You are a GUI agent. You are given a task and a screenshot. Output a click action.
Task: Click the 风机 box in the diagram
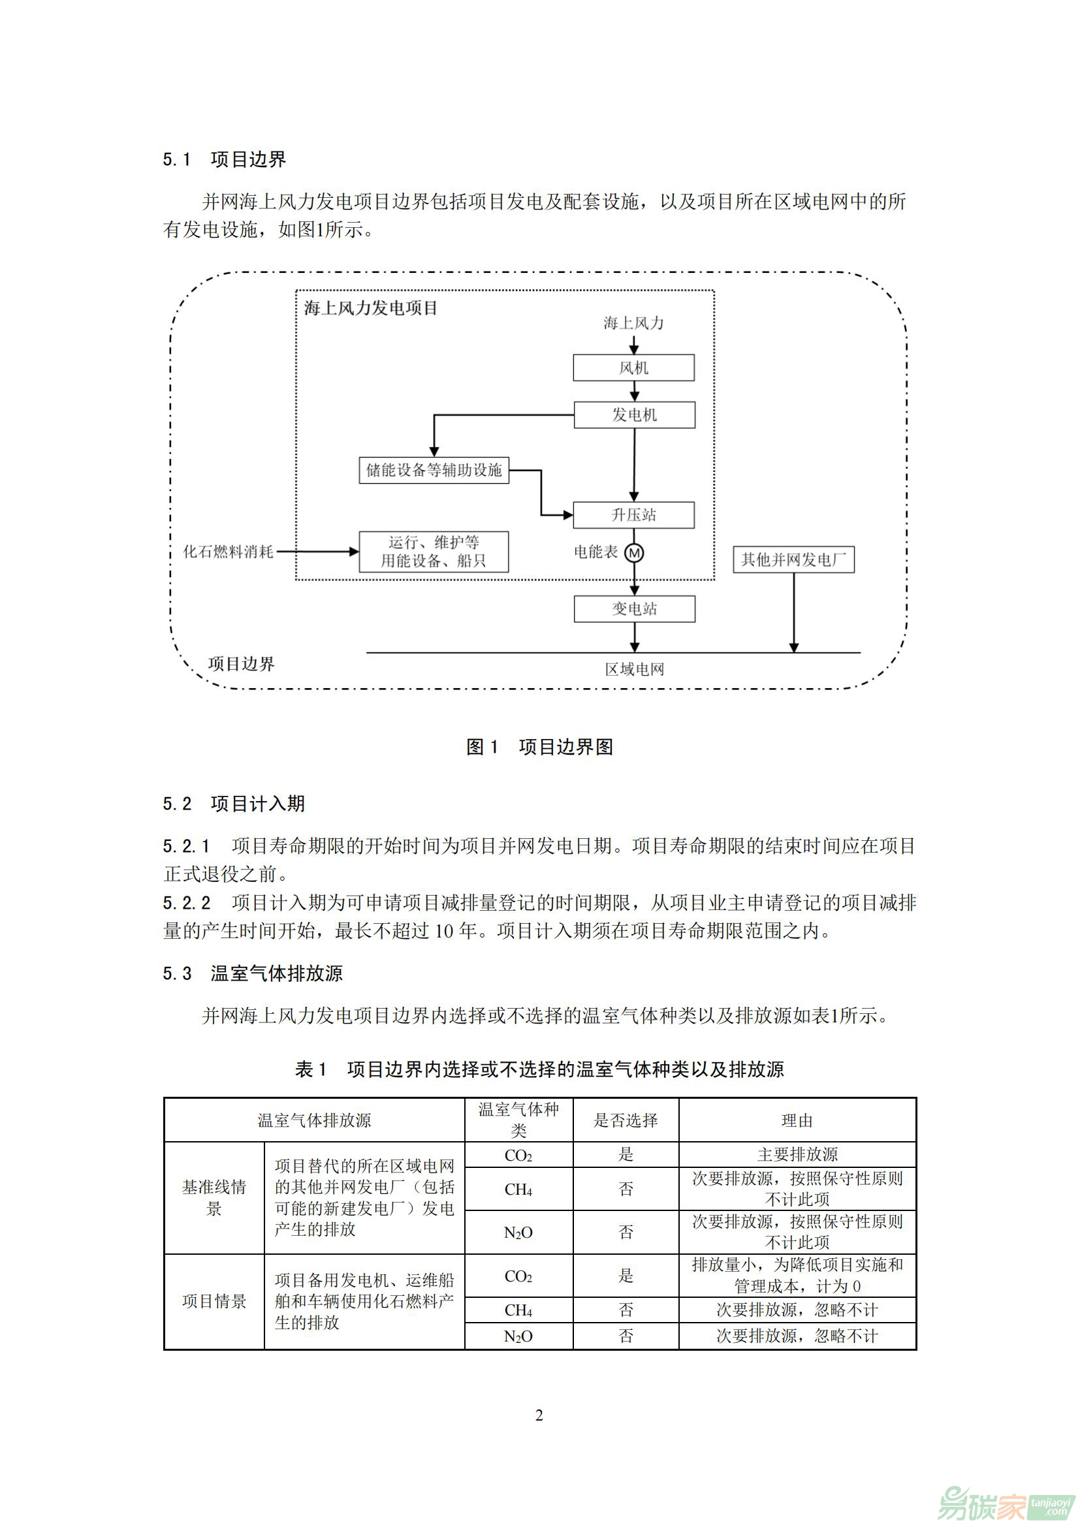pos(633,367)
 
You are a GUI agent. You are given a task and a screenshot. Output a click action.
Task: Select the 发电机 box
pos(635,415)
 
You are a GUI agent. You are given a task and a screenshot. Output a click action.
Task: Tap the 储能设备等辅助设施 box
pos(434,469)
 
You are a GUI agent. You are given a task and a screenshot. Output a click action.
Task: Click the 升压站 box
pos(633,514)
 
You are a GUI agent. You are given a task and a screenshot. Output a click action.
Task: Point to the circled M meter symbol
pos(634,553)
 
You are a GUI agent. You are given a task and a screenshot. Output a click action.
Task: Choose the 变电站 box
pos(635,608)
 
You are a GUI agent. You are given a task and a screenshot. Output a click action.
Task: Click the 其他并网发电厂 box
pos(793,559)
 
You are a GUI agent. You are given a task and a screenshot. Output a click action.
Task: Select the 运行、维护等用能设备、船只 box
pos(434,552)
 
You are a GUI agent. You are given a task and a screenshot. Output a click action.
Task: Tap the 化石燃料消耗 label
pos(228,552)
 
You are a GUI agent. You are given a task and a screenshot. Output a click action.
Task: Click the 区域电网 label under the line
pos(635,669)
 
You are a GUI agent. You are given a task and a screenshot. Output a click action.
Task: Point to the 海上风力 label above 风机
pos(633,323)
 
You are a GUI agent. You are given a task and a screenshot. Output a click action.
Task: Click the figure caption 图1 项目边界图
pos(539,747)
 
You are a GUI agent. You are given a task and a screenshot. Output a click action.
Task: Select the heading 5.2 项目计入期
pos(234,804)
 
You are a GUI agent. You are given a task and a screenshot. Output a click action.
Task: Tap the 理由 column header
pos(797,1121)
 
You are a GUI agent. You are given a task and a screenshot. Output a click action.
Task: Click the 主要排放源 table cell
pos(797,1154)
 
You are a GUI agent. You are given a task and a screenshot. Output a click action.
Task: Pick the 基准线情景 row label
pos(214,1197)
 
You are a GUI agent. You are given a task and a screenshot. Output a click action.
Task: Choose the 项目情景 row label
pos(214,1301)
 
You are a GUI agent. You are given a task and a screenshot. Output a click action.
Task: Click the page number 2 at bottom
pos(539,1415)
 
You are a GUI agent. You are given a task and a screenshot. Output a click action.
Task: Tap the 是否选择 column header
pos(625,1121)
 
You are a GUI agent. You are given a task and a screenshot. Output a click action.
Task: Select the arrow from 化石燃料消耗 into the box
pos(318,552)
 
